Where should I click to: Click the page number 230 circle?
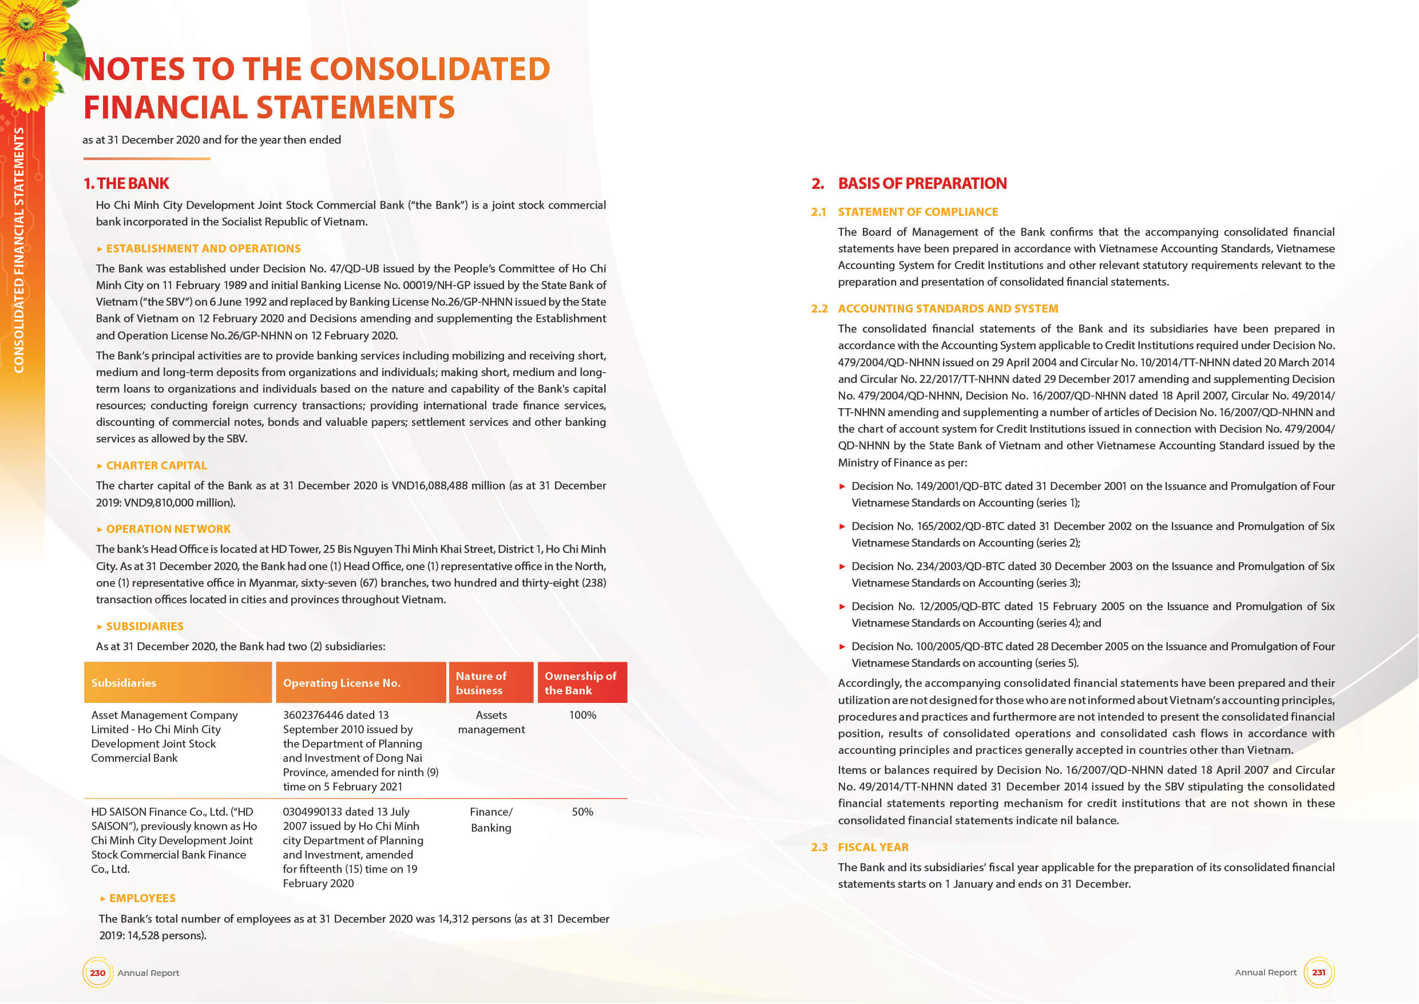[98, 973]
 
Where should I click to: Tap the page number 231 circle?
[1318, 972]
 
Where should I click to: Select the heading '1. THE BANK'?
[126, 184]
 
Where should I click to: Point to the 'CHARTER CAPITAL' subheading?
[156, 465]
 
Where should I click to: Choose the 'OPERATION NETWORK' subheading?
[168, 529]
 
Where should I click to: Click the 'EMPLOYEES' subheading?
[141, 898]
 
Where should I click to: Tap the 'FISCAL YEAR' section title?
[873, 847]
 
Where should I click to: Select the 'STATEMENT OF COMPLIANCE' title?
[917, 212]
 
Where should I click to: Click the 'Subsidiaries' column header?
[124, 683]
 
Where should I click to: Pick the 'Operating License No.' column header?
[341, 683]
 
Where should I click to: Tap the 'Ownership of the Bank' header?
[580, 683]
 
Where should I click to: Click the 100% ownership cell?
[582, 716]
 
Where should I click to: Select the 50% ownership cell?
[582, 812]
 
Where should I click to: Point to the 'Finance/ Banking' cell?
[491, 820]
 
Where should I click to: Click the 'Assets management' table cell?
[491, 722]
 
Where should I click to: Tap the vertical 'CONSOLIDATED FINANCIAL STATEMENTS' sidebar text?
[19, 250]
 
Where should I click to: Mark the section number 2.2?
[819, 309]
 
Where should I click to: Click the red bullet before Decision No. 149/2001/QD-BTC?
[842, 487]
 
